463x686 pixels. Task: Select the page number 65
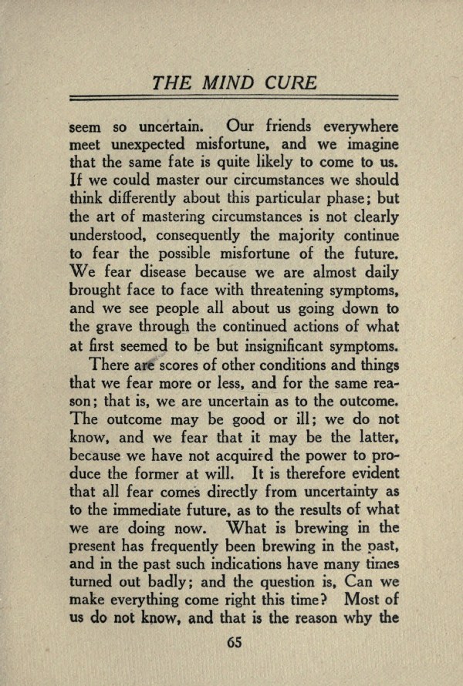coord(234,644)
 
